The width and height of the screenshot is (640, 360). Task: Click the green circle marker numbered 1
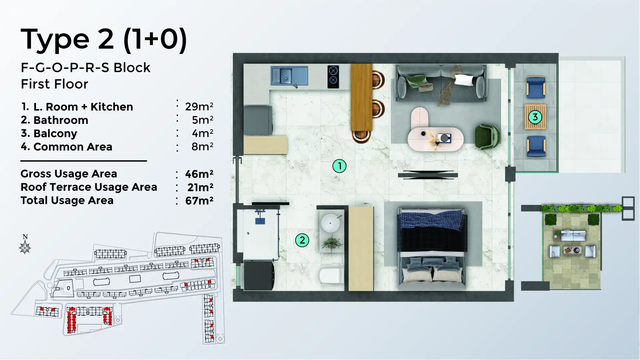point(339,166)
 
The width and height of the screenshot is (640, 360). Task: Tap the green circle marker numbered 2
point(302,240)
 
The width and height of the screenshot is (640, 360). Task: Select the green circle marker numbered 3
point(535,117)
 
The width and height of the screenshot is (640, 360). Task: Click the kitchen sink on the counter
point(286,76)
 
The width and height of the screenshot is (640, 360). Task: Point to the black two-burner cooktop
point(333,76)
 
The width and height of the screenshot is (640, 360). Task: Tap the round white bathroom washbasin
point(330,223)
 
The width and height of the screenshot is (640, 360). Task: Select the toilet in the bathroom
point(331,276)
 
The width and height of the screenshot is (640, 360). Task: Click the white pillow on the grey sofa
point(464,80)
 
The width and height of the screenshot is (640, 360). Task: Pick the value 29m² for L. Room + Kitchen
point(199,107)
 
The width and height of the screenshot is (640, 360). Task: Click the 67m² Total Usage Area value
point(199,200)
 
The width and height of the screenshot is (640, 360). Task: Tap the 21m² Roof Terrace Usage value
point(200,187)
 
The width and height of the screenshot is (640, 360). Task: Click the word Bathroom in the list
point(61,120)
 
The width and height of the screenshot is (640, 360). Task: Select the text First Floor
point(54,84)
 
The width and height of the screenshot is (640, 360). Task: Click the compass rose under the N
point(25,247)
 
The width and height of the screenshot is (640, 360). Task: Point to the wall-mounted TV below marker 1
point(428,175)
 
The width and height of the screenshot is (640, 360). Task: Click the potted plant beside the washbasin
point(332,243)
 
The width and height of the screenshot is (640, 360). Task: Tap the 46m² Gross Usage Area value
point(199,174)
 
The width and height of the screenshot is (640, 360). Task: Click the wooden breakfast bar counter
point(361,97)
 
